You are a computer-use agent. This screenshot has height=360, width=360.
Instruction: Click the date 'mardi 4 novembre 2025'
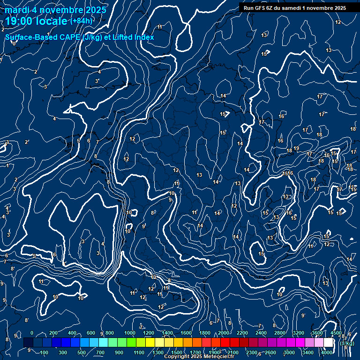tap(56, 10)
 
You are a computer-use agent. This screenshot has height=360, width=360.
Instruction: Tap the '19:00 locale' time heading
tap(37, 21)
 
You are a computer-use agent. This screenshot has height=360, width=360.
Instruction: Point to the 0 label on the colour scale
tap(32, 333)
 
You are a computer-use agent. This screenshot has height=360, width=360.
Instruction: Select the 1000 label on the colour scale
tap(130, 333)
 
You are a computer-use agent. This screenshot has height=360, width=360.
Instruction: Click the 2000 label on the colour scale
tap(224, 333)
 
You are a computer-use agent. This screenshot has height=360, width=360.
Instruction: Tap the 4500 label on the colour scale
tap(336, 333)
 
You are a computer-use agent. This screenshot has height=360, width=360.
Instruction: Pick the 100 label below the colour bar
tap(45, 352)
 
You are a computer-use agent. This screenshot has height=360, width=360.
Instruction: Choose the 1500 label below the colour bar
tap(177, 352)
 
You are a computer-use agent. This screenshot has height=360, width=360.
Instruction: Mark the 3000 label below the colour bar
tap(289, 352)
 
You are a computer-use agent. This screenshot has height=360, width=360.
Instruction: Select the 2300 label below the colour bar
tap(252, 352)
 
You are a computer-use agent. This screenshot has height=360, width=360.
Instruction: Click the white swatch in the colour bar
tap(329, 343)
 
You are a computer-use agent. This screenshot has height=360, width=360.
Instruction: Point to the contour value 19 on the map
tap(296, 149)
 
